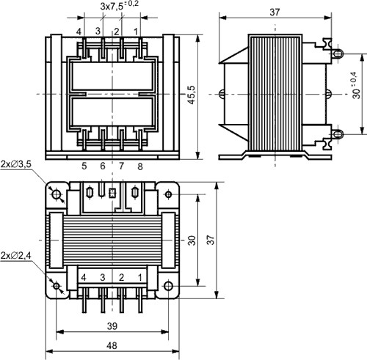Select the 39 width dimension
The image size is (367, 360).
112,325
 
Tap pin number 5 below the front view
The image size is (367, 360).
84,166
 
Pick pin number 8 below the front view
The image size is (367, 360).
139,166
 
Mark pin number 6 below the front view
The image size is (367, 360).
103,166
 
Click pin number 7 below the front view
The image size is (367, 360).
121,166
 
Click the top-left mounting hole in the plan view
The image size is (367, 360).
57,194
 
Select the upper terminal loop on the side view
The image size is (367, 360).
337,53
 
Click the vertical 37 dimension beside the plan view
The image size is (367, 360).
209,240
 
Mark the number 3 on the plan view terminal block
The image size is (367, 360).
102,277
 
